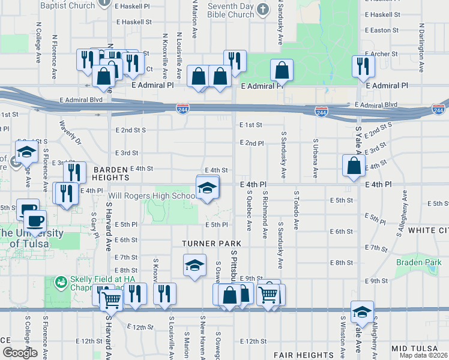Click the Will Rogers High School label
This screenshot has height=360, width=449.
pyautogui.click(x=151, y=196)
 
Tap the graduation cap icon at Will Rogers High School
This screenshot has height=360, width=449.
pyautogui.click(x=206, y=188)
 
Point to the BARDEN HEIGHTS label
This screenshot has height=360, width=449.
pyautogui.click(x=111, y=173)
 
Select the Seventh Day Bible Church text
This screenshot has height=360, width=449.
pyautogui.click(x=231, y=10)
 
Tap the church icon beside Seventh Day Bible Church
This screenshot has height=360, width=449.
pyautogui.click(x=262, y=10)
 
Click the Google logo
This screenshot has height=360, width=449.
pyautogui.click(x=20, y=353)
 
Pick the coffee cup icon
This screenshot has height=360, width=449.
pyautogui.click(x=34, y=221)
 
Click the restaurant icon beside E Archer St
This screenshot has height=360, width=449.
pyautogui.click(x=363, y=66)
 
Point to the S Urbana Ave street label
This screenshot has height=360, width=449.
pyautogui.click(x=315, y=158)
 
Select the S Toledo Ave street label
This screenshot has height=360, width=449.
pyautogui.click(x=296, y=210)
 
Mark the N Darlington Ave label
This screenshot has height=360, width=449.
pyautogui.click(x=422, y=43)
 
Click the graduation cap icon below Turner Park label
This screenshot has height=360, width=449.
pyautogui.click(x=194, y=266)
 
